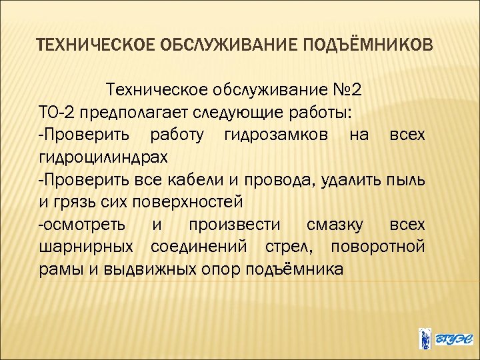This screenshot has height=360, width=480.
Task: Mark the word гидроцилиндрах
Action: click(103, 158)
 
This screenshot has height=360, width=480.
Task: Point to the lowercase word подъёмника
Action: click(296, 270)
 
